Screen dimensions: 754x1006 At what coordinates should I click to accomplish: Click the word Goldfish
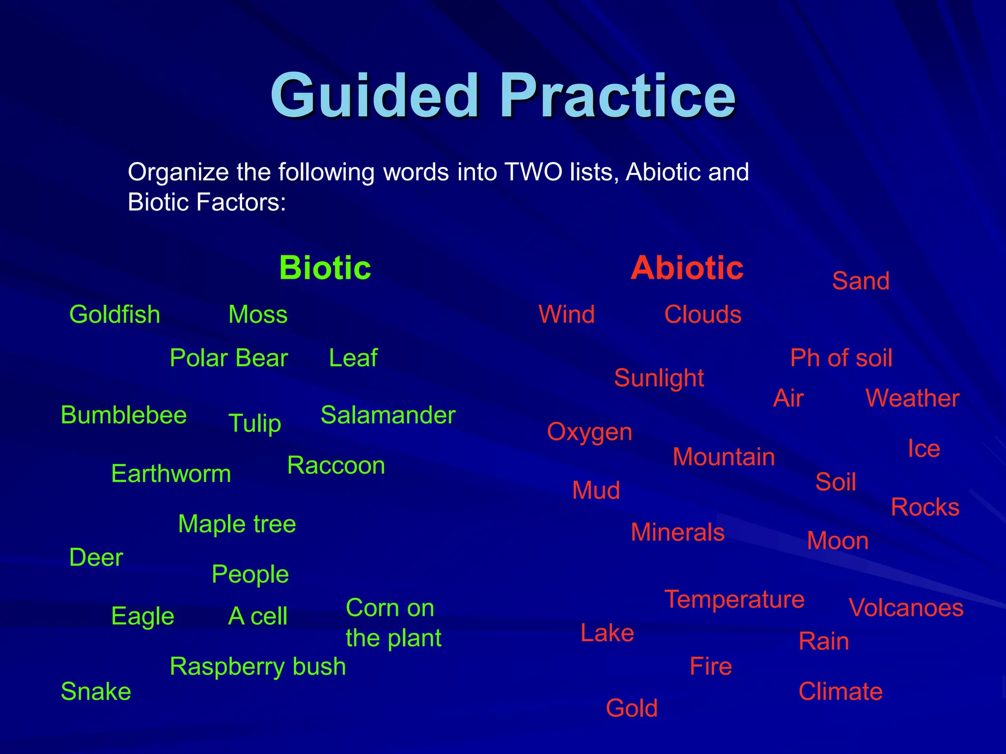(x=115, y=315)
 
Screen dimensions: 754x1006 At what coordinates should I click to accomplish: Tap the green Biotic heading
(x=325, y=268)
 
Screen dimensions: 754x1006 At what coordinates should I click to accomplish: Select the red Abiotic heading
(x=687, y=268)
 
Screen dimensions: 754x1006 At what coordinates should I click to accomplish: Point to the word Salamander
(x=388, y=415)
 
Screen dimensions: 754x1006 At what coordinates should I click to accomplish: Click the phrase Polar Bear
(x=228, y=358)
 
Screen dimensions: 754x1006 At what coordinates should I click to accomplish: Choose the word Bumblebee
(x=124, y=415)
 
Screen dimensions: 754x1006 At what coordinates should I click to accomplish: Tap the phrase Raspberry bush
(x=257, y=667)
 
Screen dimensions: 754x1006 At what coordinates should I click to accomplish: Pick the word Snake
(x=96, y=692)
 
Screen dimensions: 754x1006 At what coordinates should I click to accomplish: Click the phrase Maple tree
(x=237, y=524)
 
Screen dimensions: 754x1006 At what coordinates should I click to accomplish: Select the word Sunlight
(x=659, y=378)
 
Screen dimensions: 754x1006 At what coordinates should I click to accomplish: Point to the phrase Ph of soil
(x=841, y=358)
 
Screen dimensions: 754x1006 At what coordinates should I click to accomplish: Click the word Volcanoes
(x=906, y=608)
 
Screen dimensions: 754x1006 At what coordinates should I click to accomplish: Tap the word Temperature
(x=734, y=599)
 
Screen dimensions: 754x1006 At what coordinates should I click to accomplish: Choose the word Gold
(x=631, y=708)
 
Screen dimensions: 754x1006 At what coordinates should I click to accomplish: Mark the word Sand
(x=861, y=281)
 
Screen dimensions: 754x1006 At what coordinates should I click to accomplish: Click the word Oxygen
(x=589, y=432)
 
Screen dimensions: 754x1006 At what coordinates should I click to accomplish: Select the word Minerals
(x=677, y=533)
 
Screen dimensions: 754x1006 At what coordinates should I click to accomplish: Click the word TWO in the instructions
(x=533, y=172)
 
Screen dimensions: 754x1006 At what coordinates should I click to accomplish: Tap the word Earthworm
(x=171, y=474)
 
